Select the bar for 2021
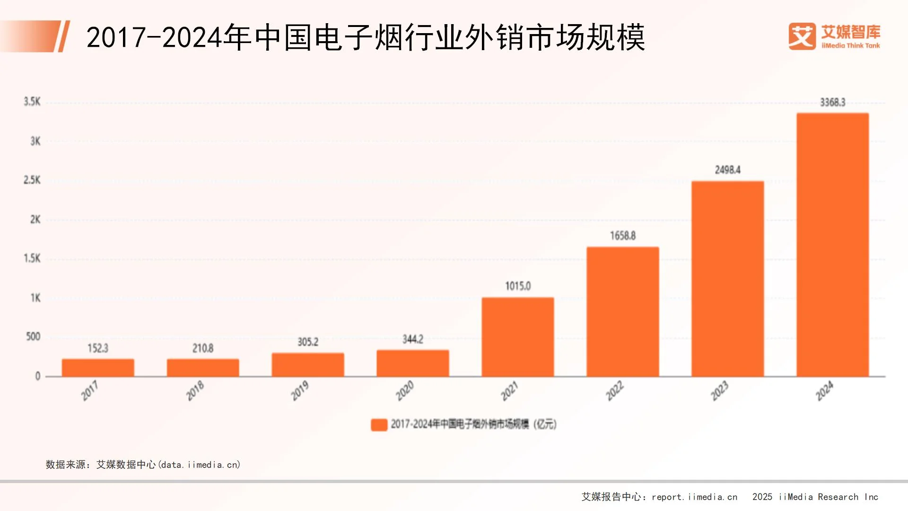tap(518, 337)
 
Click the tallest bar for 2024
tap(832, 245)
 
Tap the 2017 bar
tap(98, 368)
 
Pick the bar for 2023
tap(727, 279)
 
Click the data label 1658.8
tap(622, 236)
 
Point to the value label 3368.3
tap(832, 102)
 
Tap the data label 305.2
tap(308, 342)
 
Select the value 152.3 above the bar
tap(98, 348)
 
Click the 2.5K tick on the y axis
tap(32, 180)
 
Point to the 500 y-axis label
tap(33, 336)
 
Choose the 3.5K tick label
tap(32, 102)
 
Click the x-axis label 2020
tap(405, 391)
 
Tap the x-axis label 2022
tap(615, 391)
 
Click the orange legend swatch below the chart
tap(379, 424)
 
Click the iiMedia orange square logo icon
tap(802, 36)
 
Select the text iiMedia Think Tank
tap(850, 46)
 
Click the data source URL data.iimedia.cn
tap(199, 465)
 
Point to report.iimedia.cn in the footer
tap(694, 497)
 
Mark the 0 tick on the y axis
tap(38, 376)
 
